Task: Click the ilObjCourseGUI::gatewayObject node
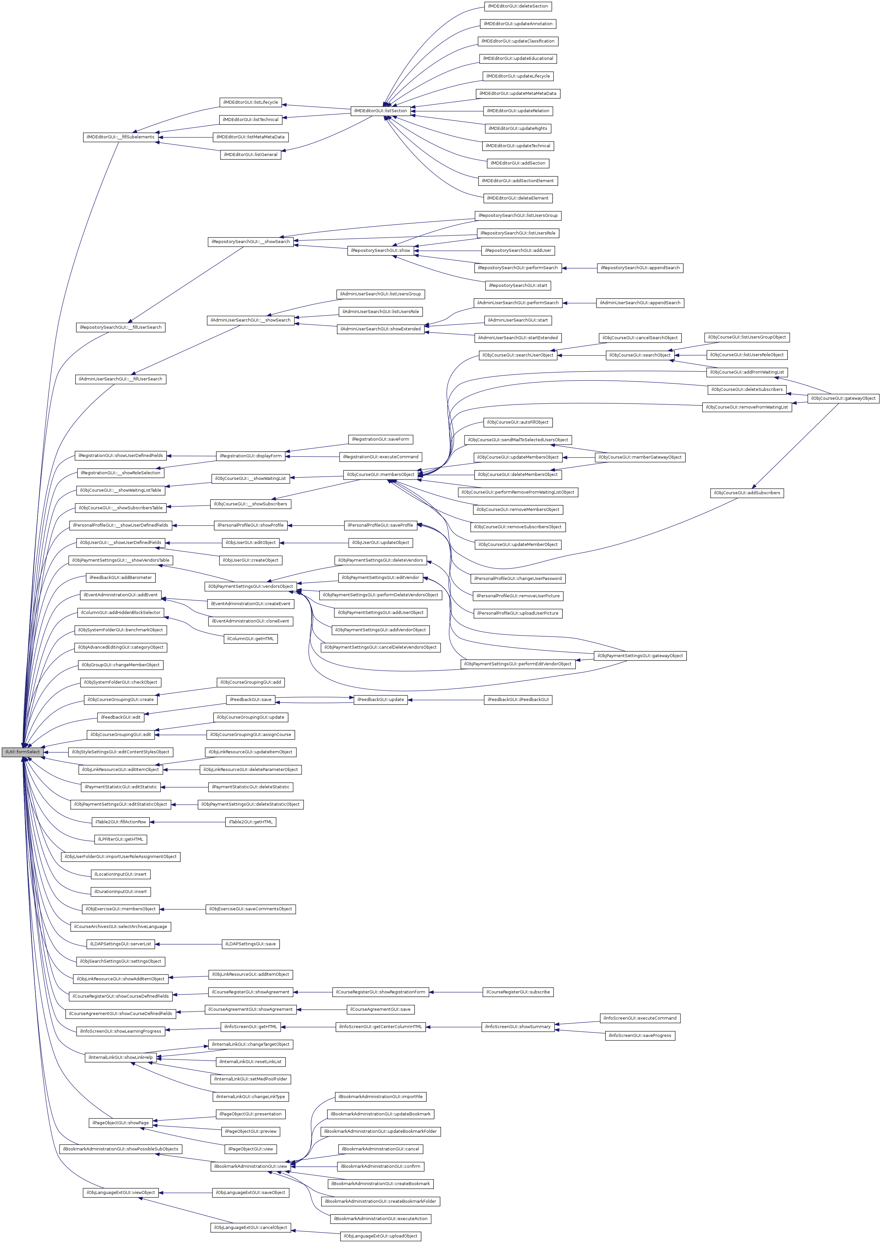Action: [843, 398]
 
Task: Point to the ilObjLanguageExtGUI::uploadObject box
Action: [381, 1236]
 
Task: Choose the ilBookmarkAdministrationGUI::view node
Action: [250, 1166]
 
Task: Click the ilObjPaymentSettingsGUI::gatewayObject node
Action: [640, 656]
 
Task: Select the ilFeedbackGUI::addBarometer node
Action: [120, 578]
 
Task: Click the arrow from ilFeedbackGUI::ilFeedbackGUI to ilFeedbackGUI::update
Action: [445, 700]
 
